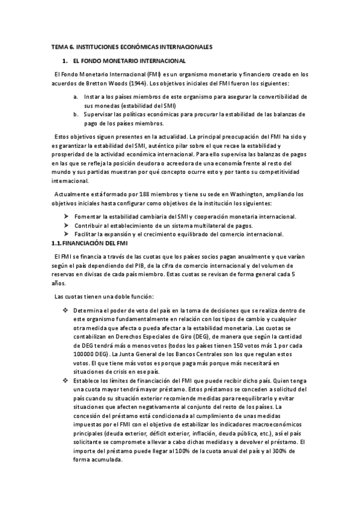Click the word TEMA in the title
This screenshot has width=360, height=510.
point(59,46)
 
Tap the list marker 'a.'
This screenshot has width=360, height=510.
point(75,96)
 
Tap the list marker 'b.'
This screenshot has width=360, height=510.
point(75,114)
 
